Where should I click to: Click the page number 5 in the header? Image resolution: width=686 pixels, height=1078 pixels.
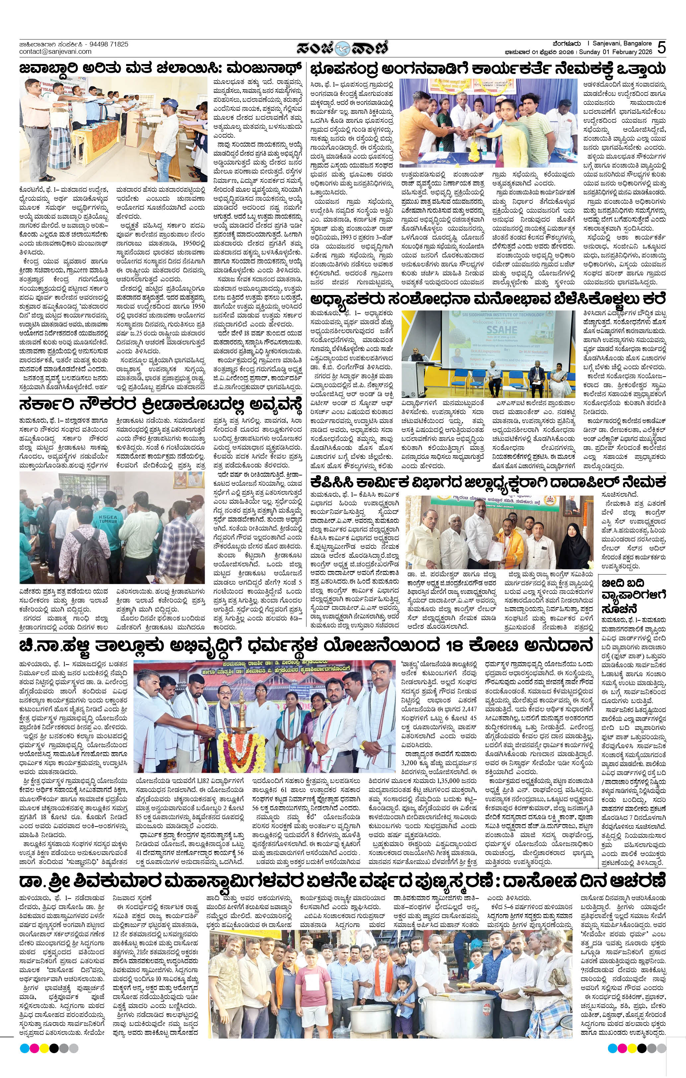[662, 47]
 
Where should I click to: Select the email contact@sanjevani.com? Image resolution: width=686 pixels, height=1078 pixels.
[55, 51]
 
